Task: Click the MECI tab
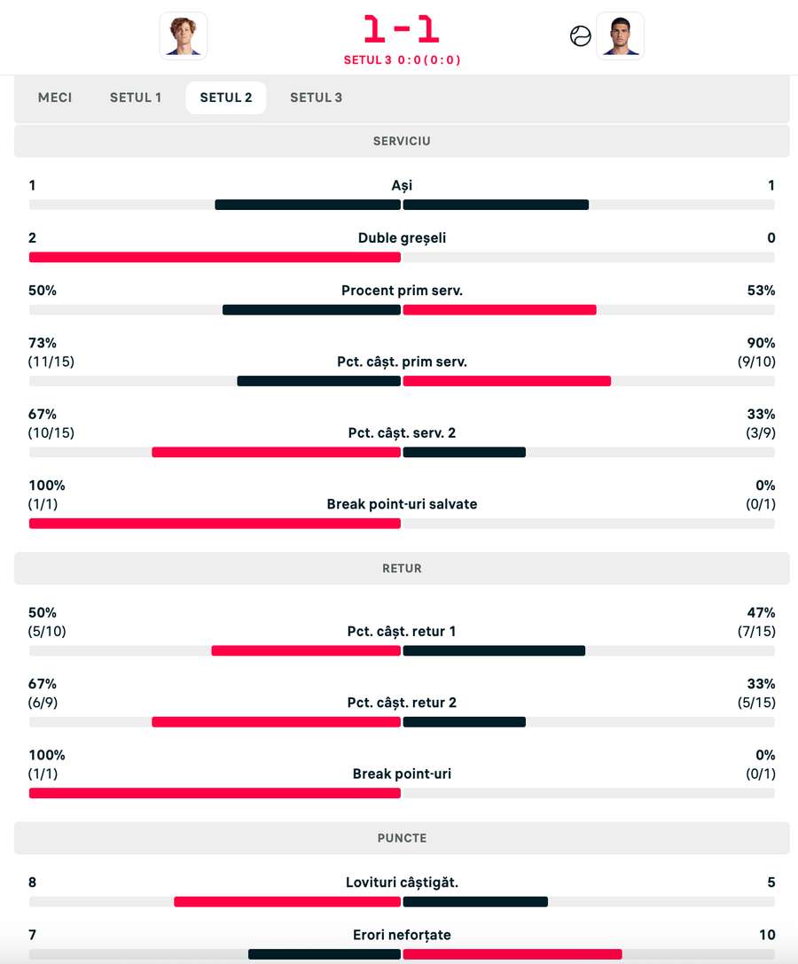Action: click(x=55, y=97)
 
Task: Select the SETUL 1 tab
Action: click(x=136, y=97)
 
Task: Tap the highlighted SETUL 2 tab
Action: click(x=226, y=97)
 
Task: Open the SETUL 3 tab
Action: click(x=316, y=97)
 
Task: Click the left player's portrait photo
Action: click(x=184, y=35)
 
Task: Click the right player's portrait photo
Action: click(x=620, y=35)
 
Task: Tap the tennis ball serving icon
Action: click(x=581, y=36)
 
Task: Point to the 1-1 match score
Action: click(x=402, y=29)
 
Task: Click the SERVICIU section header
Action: click(x=402, y=141)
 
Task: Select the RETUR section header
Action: click(x=402, y=568)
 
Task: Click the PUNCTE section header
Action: click(x=402, y=837)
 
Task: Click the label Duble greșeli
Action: click(x=402, y=237)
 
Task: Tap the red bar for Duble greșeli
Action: click(x=215, y=257)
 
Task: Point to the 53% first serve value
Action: click(x=761, y=291)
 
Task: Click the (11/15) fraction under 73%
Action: click(x=47, y=361)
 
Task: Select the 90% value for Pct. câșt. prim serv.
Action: click(x=761, y=343)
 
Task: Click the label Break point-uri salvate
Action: click(x=402, y=504)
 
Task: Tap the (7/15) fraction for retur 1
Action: click(x=757, y=632)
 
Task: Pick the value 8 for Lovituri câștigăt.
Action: click(x=33, y=882)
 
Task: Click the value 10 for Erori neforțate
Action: click(x=766, y=935)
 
